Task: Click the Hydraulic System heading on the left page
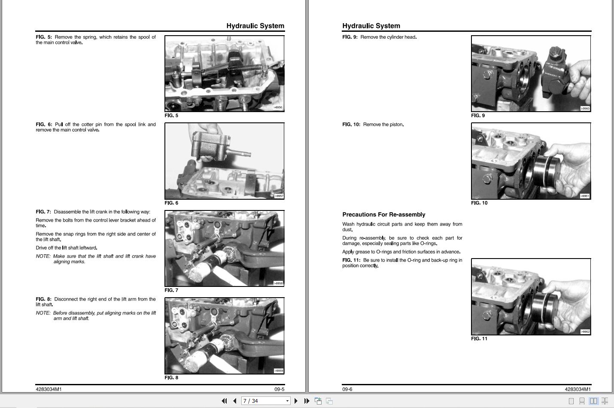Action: [255, 26]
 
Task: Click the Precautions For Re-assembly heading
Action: [383, 214]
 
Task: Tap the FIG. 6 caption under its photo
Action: [171, 203]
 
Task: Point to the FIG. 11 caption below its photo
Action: [479, 338]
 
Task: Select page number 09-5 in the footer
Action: [280, 389]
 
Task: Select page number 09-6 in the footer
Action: [347, 389]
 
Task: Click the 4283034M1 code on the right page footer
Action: [578, 389]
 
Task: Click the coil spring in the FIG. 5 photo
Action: [245, 67]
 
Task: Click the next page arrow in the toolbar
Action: [296, 401]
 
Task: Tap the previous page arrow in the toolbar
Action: [234, 401]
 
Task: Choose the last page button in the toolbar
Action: [307, 401]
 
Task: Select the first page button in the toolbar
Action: [224, 401]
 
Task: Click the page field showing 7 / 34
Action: [266, 401]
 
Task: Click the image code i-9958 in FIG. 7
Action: [278, 283]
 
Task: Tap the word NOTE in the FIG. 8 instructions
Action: [43, 313]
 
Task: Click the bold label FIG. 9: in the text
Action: [350, 37]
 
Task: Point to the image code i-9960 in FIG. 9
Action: [585, 109]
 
